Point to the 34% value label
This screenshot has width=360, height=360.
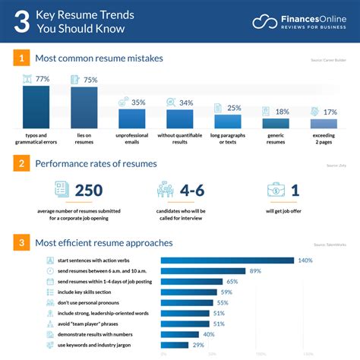[x=185, y=103]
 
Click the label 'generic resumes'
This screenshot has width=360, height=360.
[x=276, y=138]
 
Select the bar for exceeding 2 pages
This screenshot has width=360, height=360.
[x=324, y=123]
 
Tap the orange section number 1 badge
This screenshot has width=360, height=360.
[x=23, y=58]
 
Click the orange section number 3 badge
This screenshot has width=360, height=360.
[x=23, y=243]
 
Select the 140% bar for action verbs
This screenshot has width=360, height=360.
[x=227, y=261]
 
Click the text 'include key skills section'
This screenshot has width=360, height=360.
[x=83, y=292]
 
